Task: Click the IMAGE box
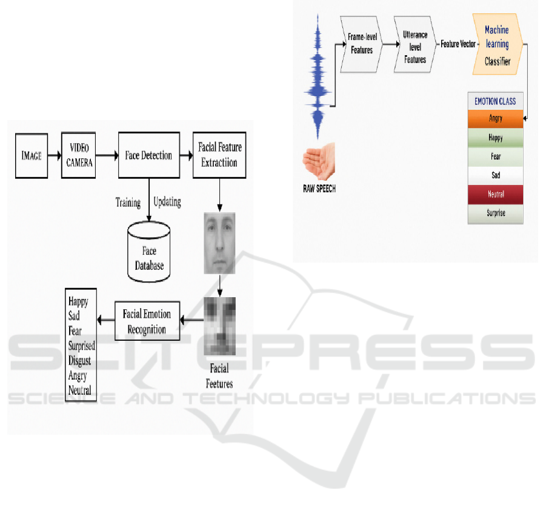tap(32, 156)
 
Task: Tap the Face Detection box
tap(148, 156)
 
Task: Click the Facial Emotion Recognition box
tap(147, 321)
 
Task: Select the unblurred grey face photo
tap(219, 243)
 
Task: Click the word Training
tap(128, 203)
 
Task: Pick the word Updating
tap(167, 202)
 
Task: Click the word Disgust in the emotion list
tap(80, 361)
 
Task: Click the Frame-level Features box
tap(362, 44)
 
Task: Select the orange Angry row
tap(495, 119)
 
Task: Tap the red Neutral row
tap(495, 195)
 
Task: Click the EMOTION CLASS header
tap(495, 101)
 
